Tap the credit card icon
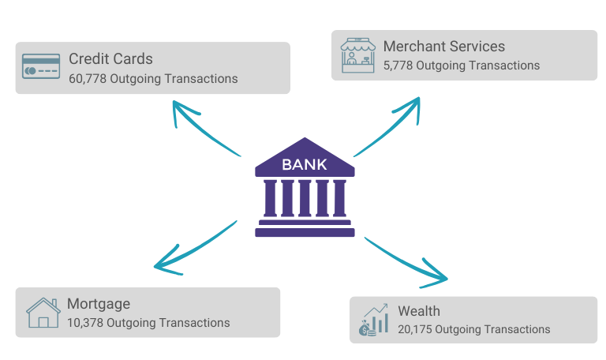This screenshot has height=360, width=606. click(41, 67)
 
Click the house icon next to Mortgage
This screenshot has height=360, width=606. click(43, 313)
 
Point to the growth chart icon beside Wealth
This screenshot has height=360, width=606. click(374, 319)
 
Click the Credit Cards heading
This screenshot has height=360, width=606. click(110, 59)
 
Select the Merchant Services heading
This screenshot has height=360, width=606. click(443, 47)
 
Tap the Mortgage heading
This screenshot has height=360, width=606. click(99, 304)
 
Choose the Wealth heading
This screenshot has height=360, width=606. click(419, 310)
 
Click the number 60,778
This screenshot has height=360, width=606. click(88, 79)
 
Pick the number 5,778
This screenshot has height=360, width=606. click(398, 66)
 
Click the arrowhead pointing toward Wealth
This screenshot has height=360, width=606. click(439, 277)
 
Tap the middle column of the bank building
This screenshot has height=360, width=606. click(305, 198)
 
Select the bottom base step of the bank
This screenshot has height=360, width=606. click(305, 233)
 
